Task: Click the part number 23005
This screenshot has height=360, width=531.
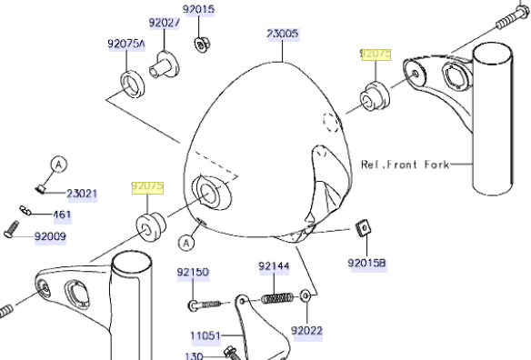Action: [283, 34]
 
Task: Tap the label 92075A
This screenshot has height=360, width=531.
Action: [126, 44]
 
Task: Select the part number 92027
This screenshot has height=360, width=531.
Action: [165, 23]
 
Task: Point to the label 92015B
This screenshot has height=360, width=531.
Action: [366, 263]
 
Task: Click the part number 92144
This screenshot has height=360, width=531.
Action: [274, 266]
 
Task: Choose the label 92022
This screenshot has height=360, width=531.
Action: [306, 331]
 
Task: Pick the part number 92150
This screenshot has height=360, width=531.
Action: [193, 273]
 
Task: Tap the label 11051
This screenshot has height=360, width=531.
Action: [205, 336]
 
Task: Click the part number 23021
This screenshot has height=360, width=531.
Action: [82, 194]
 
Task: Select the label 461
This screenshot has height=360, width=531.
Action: [63, 215]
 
